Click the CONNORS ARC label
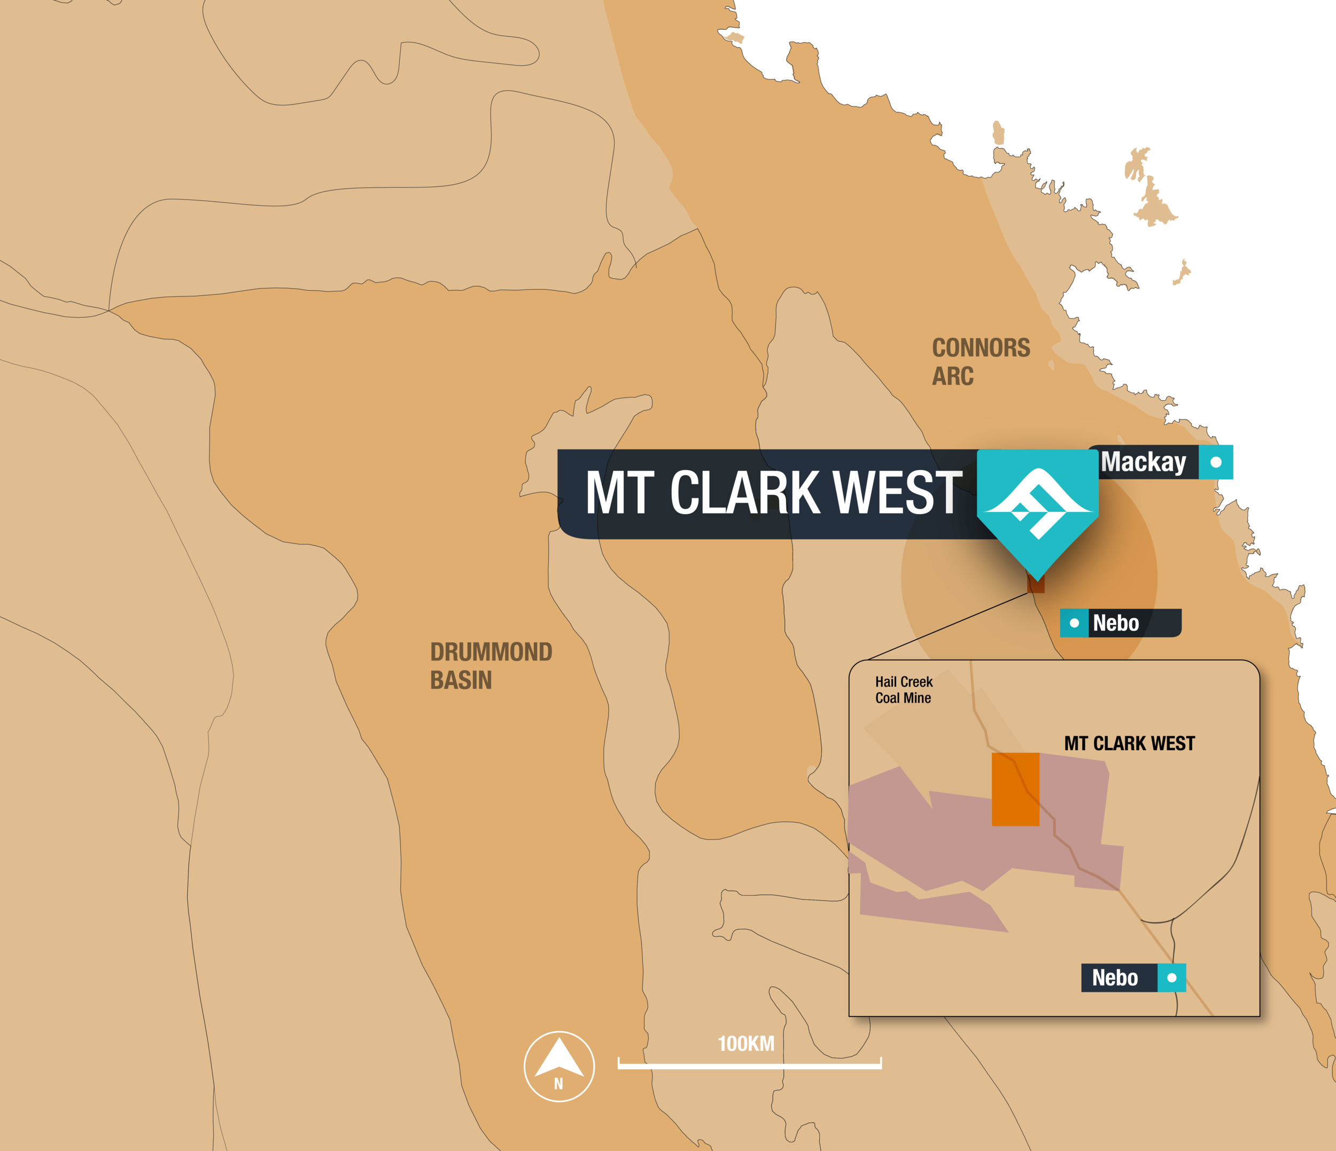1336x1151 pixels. [980, 362]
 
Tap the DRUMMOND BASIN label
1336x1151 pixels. [491, 665]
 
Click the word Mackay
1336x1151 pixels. [1143, 462]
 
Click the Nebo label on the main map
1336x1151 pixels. [1115, 624]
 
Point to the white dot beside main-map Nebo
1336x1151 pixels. [1074, 624]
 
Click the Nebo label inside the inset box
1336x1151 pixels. [1115, 977]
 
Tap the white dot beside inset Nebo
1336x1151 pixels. [1171, 977]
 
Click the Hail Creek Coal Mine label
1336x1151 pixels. [903, 689]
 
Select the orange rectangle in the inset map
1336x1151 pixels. [1015, 789]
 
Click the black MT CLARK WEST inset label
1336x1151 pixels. [1129, 743]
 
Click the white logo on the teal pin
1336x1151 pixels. [1037, 503]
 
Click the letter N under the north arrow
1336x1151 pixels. [558, 1084]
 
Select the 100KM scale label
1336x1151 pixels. [746, 1043]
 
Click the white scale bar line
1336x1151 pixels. [749, 1066]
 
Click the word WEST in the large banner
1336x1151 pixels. [897, 493]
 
